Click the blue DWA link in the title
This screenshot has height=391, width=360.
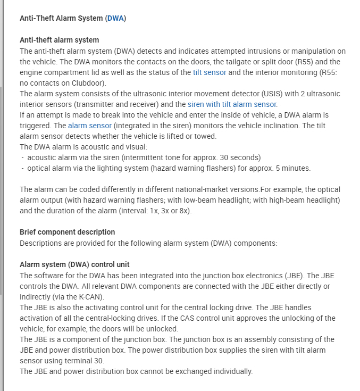point(115,18)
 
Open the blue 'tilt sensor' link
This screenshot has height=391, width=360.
point(210,72)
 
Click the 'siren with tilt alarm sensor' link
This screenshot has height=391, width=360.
point(232,104)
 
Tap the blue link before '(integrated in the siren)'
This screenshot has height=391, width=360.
point(90,126)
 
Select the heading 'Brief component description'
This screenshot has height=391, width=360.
point(67,232)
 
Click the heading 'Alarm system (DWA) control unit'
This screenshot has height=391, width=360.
point(74,264)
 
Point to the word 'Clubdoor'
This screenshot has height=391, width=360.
point(89,83)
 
